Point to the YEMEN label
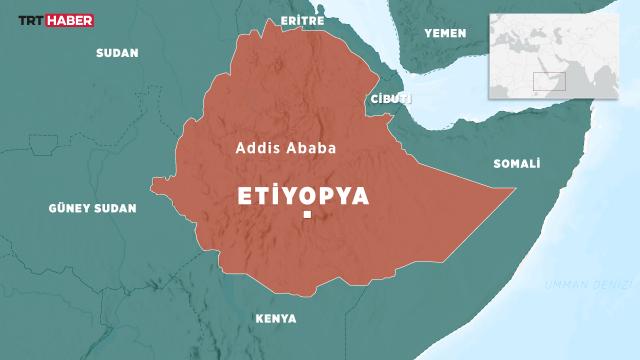(445, 34)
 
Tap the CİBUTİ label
(390, 98)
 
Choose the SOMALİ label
(517, 163)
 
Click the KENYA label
(275, 319)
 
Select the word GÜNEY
(71, 209)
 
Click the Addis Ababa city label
(285, 147)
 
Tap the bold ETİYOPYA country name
(304, 195)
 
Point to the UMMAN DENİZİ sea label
(577, 286)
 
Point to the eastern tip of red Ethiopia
(514, 189)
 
